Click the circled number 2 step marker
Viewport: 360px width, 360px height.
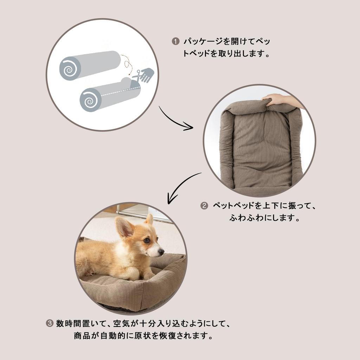pos(204,206)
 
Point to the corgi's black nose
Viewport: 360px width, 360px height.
pos(161,252)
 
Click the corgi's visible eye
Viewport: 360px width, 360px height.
pos(146,240)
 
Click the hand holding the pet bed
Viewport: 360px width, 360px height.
pos(278,99)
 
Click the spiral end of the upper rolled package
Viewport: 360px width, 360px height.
pos(70,68)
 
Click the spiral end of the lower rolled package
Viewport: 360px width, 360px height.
pos(90,100)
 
